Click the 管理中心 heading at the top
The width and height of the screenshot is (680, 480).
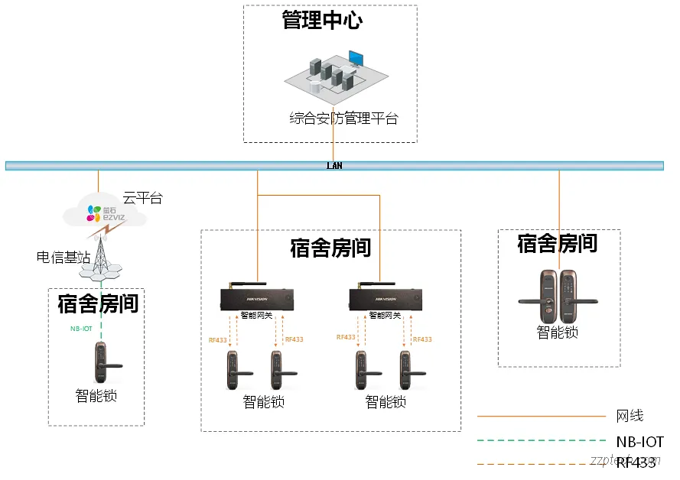coord(322,20)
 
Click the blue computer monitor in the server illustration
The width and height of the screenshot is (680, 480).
coord(356,59)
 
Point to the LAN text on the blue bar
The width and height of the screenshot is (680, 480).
coord(334,166)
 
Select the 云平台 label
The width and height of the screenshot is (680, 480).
coord(143,199)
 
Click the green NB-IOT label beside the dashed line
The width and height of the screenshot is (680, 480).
coord(82,329)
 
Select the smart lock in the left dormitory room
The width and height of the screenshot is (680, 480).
coord(102,364)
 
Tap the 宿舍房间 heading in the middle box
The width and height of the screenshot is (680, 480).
coord(330,248)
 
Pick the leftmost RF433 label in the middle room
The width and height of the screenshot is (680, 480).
coord(218,339)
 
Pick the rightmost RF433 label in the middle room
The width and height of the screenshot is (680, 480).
coord(422,339)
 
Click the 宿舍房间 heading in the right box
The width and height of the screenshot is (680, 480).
coord(558,244)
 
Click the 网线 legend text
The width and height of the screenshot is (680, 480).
coord(630,417)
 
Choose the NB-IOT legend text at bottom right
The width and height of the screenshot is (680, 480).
coord(639,442)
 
